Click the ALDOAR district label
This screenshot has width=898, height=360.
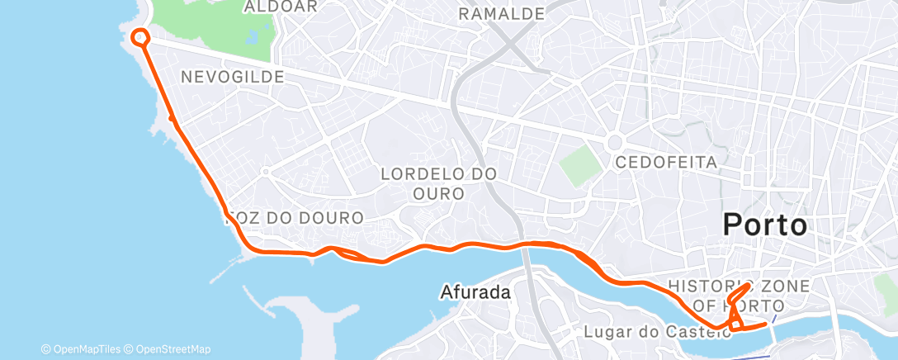pos(269,7)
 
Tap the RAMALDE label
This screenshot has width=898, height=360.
pos(502,14)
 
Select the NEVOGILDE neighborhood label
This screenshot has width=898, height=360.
pos(232,77)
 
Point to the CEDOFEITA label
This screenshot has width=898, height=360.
pos(667,162)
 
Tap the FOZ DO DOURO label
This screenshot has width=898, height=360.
pos(295,219)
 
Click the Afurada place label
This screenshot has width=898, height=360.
pos(475,291)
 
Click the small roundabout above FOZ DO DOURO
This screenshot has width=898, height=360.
pos(266,172)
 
